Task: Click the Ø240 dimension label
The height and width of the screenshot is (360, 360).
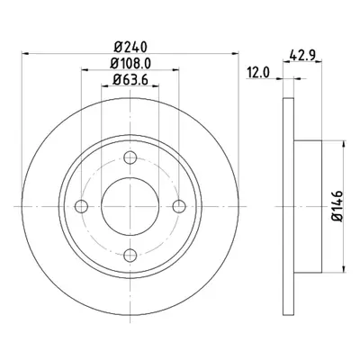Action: [131, 47]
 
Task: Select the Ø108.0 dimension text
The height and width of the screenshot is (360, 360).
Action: [130, 63]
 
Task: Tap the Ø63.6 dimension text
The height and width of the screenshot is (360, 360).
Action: [130, 79]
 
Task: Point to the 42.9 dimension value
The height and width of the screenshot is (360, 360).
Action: [302, 55]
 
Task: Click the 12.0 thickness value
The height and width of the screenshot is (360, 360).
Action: [258, 73]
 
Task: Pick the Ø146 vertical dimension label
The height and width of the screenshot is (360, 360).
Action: [337, 206]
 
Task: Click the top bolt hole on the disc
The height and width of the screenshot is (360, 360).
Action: [130, 157]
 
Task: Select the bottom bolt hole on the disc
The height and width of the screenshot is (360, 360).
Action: [130, 256]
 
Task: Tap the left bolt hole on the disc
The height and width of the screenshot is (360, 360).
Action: [81, 206]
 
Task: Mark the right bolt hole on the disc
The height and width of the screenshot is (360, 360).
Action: [179, 206]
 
